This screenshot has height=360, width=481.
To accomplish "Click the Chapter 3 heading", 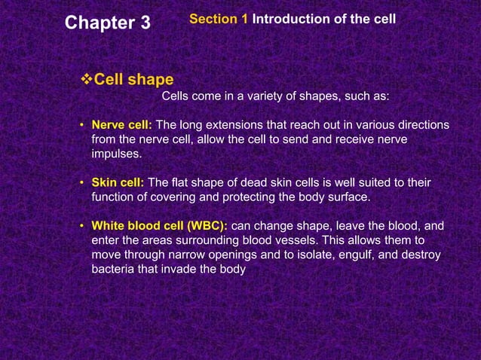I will click(108, 23).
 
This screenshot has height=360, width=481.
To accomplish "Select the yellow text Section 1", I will click(219, 17).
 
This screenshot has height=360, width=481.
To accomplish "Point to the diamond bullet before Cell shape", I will click(85, 79).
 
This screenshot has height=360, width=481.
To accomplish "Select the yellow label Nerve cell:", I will click(121, 124).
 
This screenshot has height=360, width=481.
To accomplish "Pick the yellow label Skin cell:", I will click(118, 182).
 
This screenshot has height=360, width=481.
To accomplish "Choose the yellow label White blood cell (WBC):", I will click(159, 225).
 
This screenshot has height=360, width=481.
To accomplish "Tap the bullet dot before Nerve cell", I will click(81, 125).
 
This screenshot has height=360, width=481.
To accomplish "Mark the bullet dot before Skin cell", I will click(81, 183).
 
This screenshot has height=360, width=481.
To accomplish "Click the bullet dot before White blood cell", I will click(81, 226).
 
